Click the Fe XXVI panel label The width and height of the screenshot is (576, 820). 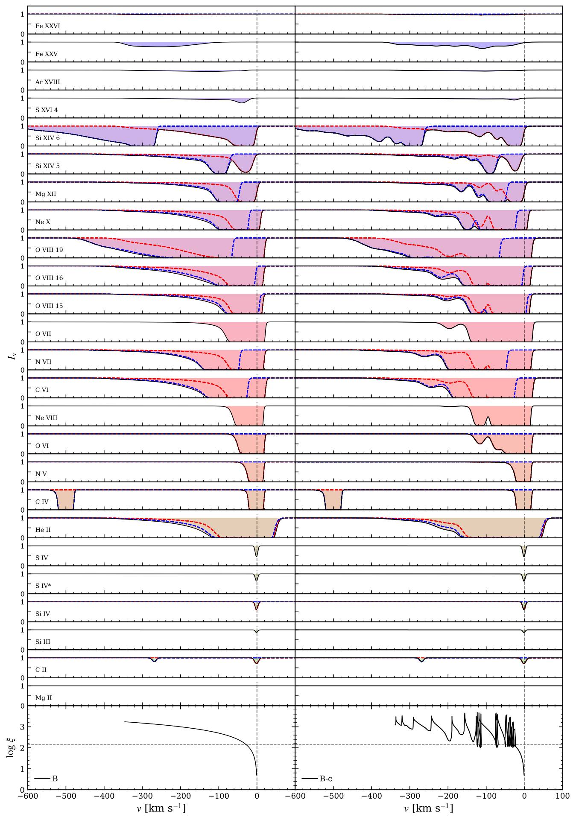pyautogui.click(x=47, y=26)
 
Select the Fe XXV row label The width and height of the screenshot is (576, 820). pyautogui.click(x=47, y=54)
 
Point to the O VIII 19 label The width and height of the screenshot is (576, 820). pyautogui.click(x=49, y=250)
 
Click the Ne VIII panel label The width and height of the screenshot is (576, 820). pyautogui.click(x=46, y=418)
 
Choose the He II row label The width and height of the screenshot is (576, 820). pyautogui.click(x=43, y=530)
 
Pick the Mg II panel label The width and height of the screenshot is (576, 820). pyautogui.click(x=43, y=698)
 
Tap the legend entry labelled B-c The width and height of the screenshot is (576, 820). pyautogui.click(x=326, y=779)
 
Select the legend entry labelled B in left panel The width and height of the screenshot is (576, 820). pyautogui.click(x=55, y=779)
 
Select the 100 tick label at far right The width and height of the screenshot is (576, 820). pyautogui.click(x=562, y=796)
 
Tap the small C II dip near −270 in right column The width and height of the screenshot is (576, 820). pyautogui.click(x=422, y=660)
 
